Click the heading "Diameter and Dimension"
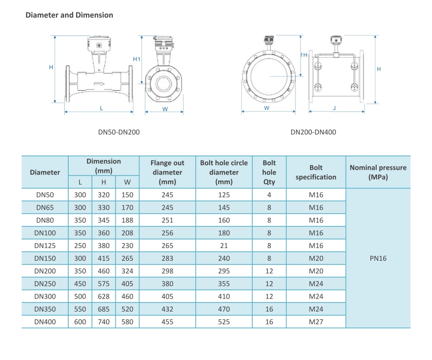point(69,15)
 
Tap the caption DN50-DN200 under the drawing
point(119,132)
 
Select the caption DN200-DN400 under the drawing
point(313,132)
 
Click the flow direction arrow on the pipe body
point(99,84)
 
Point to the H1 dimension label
point(137,59)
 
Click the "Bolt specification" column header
point(316,172)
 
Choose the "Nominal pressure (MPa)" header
point(378,172)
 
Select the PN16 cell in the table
point(378,258)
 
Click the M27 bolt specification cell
point(316,322)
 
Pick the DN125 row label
point(45,246)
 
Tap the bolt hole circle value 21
point(224,246)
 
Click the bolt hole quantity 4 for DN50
point(269,195)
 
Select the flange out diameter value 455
point(167,322)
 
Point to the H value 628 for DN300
point(104,297)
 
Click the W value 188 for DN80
point(127,220)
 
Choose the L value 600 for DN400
point(80,322)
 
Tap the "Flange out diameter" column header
point(167,172)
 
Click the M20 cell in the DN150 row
point(316,258)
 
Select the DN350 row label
point(45,309)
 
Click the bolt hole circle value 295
point(224,271)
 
